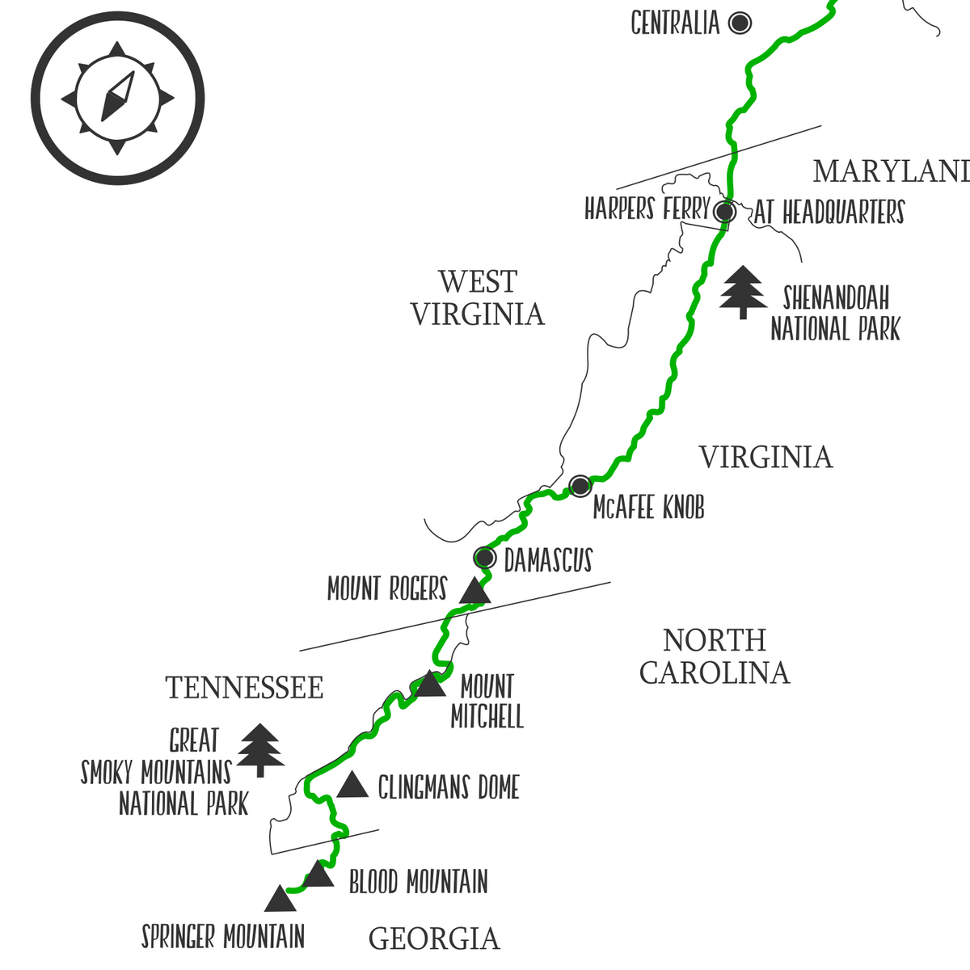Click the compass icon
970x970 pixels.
(118, 98)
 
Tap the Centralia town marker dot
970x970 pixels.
(740, 23)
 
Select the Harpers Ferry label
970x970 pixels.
(647, 209)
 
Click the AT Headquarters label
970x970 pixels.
(829, 213)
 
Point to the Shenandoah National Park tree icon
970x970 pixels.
(743, 292)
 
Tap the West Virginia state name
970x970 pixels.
(477, 298)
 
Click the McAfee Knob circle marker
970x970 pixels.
(580, 486)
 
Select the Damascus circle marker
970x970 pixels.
(484, 558)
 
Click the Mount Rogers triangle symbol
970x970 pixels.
(474, 592)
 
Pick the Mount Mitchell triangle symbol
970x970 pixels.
(429, 685)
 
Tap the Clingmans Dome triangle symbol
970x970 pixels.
(352, 786)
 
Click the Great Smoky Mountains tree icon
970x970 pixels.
(260, 749)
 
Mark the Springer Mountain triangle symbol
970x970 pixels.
(280, 900)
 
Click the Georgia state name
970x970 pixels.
(434, 938)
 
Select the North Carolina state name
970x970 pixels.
(715, 656)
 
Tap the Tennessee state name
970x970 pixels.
(244, 688)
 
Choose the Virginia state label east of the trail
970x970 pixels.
(765, 458)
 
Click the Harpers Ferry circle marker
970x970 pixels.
(725, 212)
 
